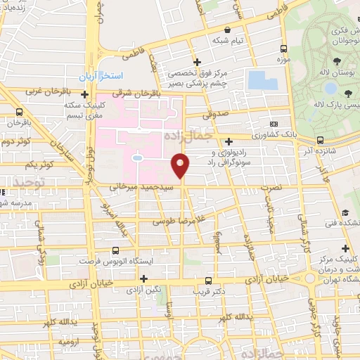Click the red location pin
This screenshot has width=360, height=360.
click(x=181, y=166)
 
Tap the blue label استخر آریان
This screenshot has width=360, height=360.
click(x=100, y=75)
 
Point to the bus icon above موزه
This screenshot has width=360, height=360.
click(x=283, y=49)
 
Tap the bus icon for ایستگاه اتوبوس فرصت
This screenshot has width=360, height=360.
click(x=116, y=250)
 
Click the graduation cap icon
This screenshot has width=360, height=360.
click(x=345, y=213)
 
